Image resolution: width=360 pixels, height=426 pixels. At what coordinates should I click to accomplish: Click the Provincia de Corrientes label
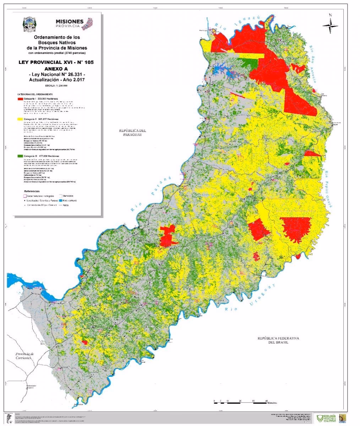(24, 356)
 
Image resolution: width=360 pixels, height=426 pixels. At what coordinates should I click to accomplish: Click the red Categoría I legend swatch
(20, 98)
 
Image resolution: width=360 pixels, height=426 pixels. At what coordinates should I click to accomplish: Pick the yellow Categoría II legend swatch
(20, 119)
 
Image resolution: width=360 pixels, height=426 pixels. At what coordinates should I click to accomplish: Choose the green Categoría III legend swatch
(20, 156)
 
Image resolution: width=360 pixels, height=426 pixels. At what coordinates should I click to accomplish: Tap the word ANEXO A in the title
(57, 68)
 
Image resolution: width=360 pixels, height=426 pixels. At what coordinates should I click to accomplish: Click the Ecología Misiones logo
(327, 418)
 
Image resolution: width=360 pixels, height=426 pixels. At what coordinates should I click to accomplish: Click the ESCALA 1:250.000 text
(56, 86)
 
